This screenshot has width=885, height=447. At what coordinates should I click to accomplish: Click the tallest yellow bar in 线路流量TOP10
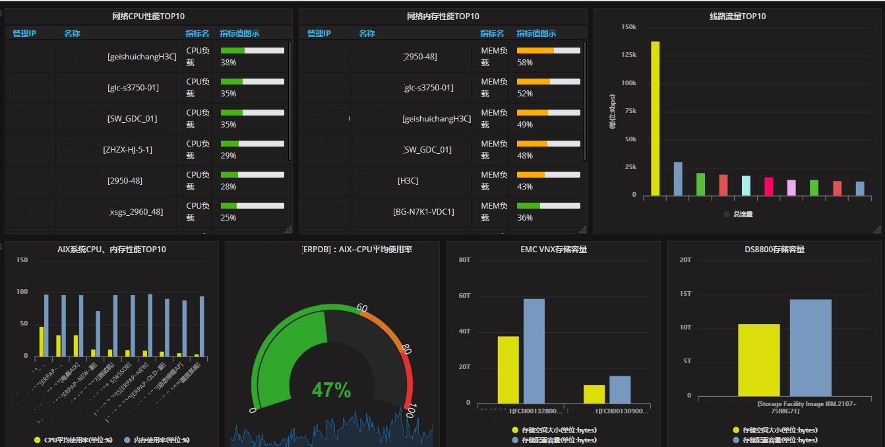click(x=655, y=118)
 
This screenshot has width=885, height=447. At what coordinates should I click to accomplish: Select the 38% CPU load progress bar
click(x=252, y=50)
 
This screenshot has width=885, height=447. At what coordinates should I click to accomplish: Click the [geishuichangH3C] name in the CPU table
click(x=142, y=57)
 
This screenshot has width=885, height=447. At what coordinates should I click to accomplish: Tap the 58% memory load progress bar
click(x=548, y=50)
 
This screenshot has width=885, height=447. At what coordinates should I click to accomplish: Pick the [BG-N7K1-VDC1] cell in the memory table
click(x=423, y=212)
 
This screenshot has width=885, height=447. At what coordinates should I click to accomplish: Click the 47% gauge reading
click(x=331, y=390)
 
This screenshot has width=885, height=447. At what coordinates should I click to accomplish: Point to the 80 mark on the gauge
click(x=406, y=349)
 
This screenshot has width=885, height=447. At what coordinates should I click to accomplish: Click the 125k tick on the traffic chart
click(x=629, y=55)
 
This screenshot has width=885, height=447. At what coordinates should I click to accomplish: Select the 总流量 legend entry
click(x=743, y=214)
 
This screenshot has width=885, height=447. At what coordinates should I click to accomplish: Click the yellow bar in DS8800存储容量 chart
click(x=758, y=360)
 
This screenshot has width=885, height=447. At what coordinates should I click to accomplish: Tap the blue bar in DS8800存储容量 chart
click(x=810, y=347)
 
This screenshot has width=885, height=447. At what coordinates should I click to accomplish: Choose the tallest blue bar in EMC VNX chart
click(x=534, y=351)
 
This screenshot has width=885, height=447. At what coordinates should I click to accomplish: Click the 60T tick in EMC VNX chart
click(x=465, y=295)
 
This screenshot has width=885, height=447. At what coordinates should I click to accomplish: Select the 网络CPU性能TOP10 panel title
click(x=148, y=17)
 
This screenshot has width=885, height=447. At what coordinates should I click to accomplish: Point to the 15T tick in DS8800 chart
click(x=686, y=293)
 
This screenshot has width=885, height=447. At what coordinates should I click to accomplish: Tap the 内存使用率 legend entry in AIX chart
click(x=162, y=440)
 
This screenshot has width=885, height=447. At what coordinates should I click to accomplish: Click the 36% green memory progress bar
click(x=548, y=206)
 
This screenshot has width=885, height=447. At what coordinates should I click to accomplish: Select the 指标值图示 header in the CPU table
click(x=239, y=34)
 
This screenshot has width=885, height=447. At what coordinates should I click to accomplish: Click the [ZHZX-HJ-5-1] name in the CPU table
click(x=127, y=150)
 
